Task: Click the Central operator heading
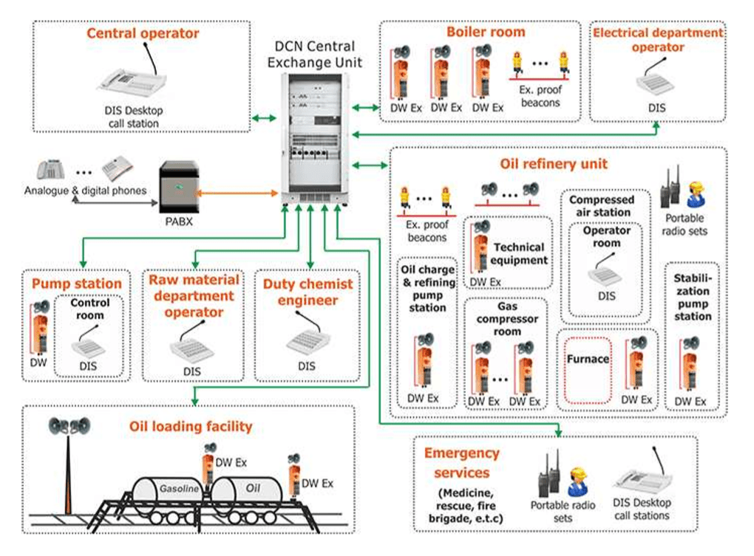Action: [143, 33]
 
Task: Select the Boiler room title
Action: [486, 32]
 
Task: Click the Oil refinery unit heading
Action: [543, 163]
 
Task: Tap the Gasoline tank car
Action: [169, 491]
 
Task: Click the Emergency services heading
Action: [461, 462]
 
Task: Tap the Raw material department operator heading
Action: [194, 295]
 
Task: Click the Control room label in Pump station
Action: [90, 309]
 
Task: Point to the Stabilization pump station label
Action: [693, 298]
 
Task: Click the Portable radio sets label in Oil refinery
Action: [685, 224]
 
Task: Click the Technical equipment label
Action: [518, 253]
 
